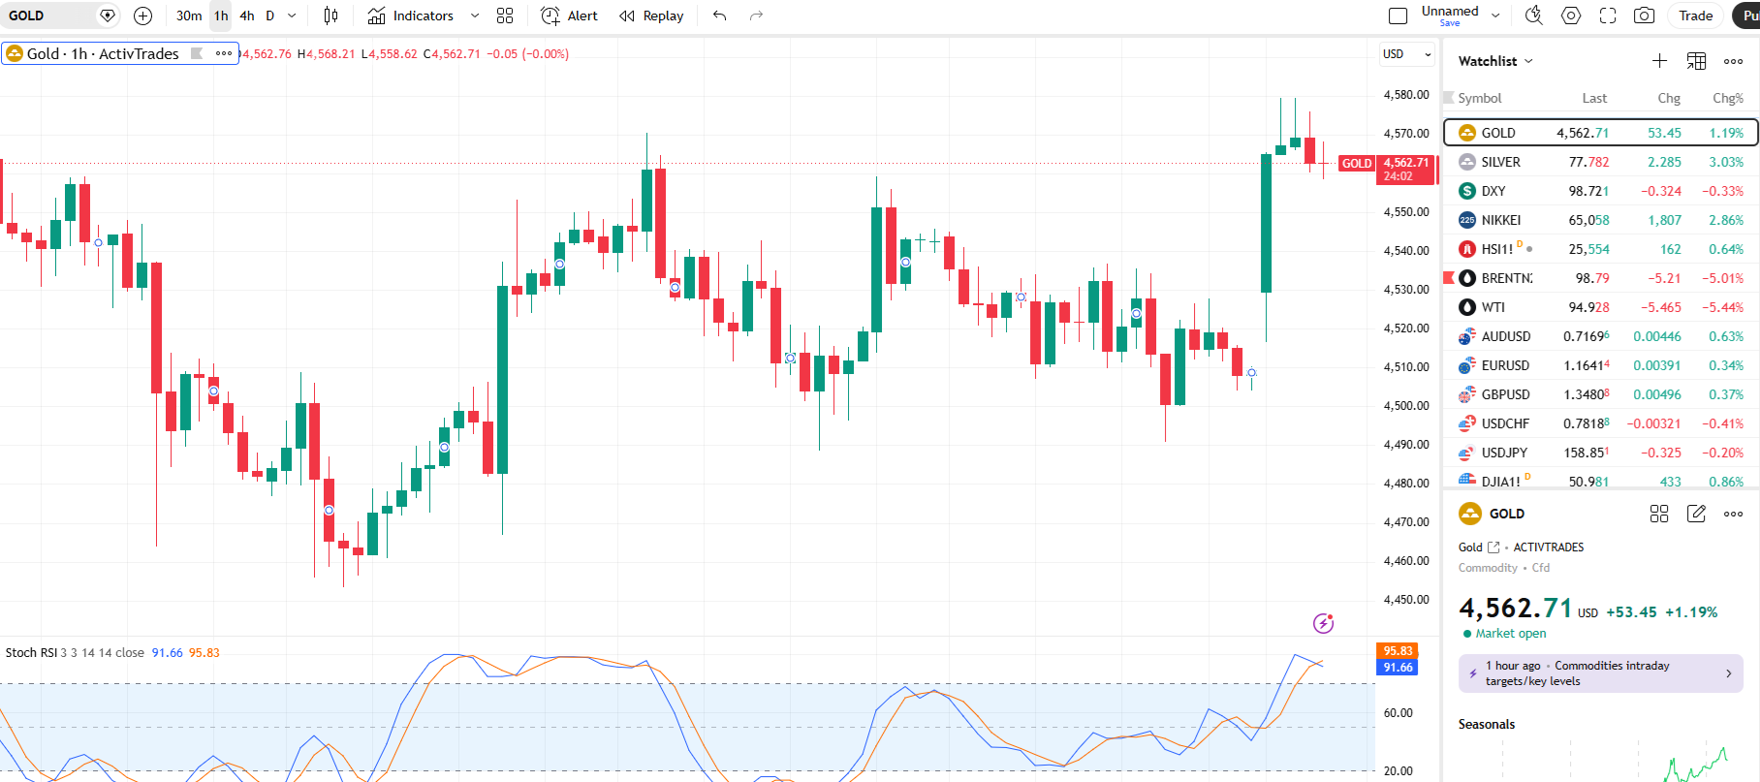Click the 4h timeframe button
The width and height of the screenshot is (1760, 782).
247,16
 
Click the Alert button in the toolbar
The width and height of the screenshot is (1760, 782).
569,16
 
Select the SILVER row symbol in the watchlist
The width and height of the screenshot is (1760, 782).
1500,162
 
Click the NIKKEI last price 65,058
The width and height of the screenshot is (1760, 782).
1588,220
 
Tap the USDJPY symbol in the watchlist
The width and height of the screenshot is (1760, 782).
1504,453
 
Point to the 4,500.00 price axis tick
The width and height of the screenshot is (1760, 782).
1406,406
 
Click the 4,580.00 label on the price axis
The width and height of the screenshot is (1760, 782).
1406,95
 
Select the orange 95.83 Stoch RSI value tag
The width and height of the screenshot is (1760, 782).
1398,651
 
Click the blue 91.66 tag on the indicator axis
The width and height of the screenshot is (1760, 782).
1398,668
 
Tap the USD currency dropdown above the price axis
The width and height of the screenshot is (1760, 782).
1406,54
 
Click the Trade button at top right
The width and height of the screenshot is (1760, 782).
1695,16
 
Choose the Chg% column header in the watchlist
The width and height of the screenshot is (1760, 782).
1728,98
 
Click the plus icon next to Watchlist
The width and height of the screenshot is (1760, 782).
1659,61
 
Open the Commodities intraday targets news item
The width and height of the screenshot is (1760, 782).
1600,673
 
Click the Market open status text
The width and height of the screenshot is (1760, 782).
1511,634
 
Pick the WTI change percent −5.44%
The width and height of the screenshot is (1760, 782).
1722,307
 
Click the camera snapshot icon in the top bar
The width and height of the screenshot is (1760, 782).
1644,16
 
